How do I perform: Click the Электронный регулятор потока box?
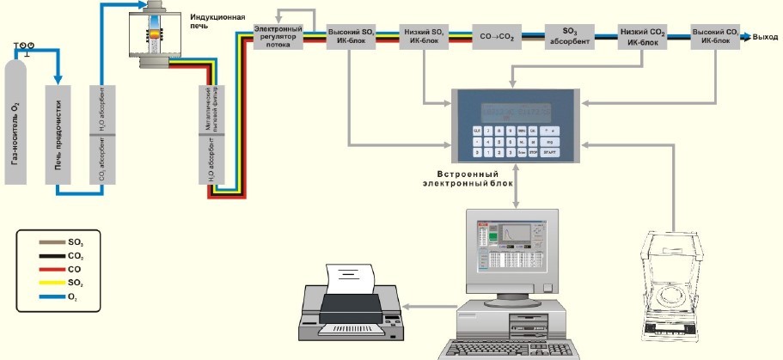[x=278, y=38]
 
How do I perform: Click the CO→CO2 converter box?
[x=498, y=38]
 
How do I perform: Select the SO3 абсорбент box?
[x=570, y=37]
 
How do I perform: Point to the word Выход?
[x=765, y=37]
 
